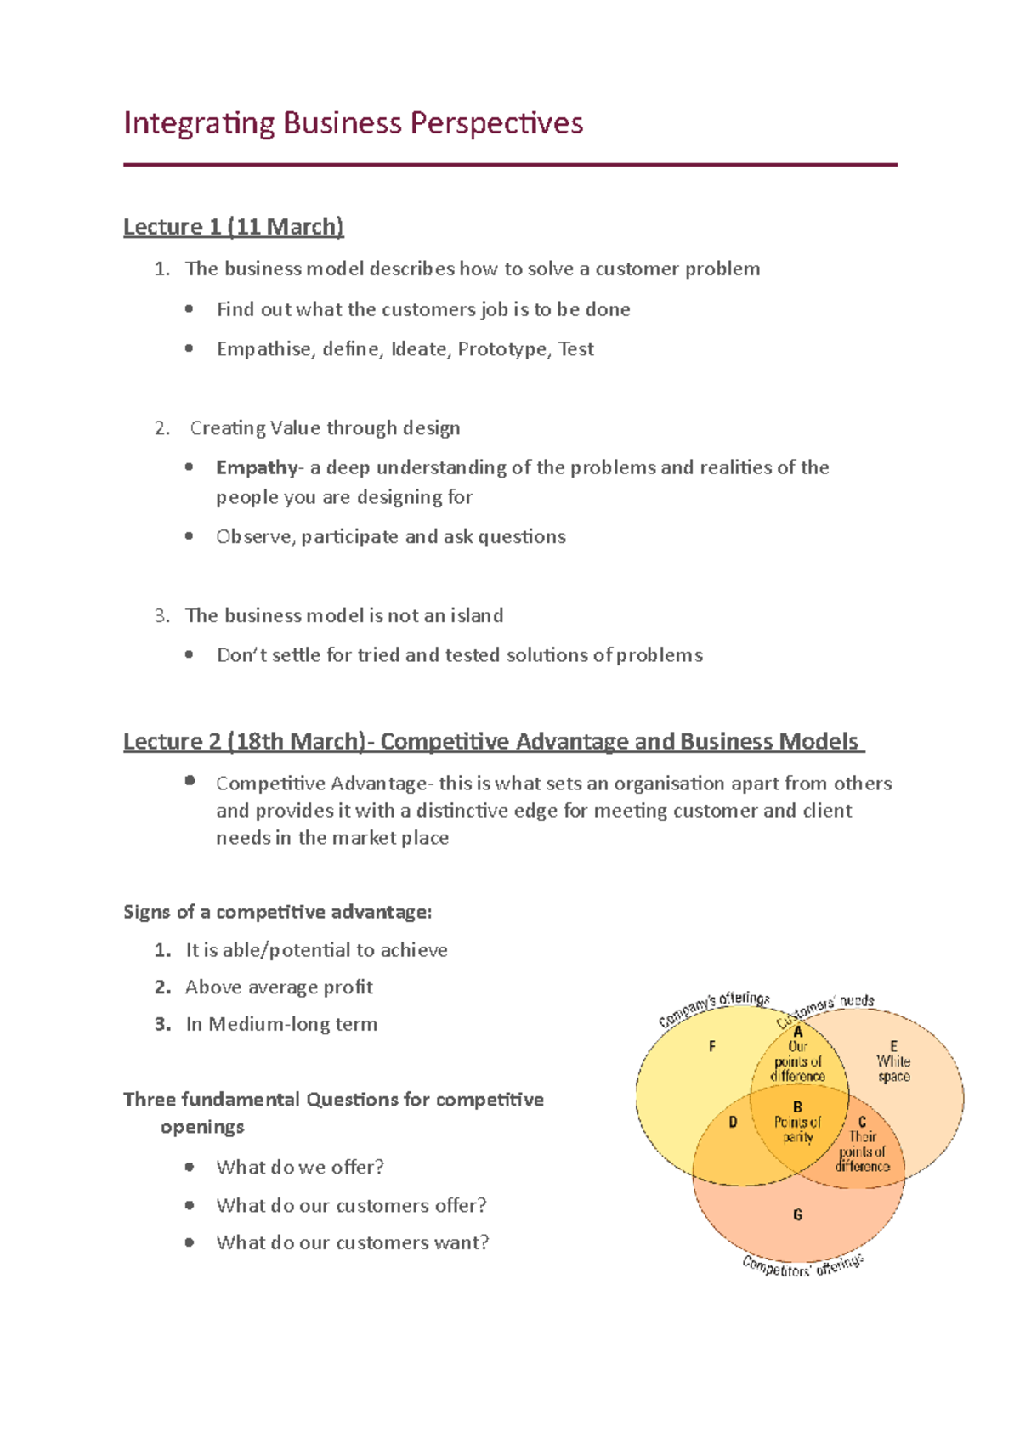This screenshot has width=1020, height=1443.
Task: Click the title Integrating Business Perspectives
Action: [353, 124]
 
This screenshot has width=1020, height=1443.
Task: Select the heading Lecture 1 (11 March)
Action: [233, 227]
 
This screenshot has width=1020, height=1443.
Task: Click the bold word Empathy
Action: [256, 467]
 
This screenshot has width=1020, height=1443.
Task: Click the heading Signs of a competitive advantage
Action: [277, 912]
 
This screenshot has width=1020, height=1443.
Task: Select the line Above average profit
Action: [279, 987]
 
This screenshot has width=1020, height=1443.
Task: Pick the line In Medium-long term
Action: [281, 1024]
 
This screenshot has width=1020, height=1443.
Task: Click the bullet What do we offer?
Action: [300, 1167]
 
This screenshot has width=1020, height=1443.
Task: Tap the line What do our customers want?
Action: [352, 1242]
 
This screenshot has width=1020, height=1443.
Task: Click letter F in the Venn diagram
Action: [712, 1047]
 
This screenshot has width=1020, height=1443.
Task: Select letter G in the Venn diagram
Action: [797, 1215]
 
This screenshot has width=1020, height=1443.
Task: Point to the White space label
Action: [893, 1068]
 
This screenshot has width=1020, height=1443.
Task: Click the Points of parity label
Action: [797, 1129]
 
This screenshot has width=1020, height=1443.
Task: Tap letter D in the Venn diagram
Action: [733, 1122]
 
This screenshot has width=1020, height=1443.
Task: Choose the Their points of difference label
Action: [862, 1152]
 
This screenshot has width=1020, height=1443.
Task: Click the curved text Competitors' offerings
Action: [802, 1266]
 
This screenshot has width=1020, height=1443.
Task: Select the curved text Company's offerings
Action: [714, 1007]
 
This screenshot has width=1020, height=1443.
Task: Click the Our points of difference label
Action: [797, 1061]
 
